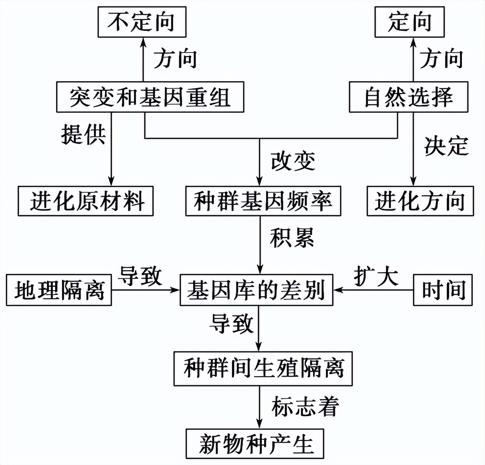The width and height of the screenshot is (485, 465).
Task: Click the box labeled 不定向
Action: point(142,22)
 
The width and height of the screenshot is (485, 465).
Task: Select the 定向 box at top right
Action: point(409,22)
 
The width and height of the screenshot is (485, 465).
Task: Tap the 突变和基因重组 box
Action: point(150,97)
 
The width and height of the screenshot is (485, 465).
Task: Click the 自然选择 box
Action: point(408,97)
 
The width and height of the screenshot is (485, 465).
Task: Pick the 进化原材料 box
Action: point(86,201)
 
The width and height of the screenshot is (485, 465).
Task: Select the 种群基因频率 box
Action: point(263,201)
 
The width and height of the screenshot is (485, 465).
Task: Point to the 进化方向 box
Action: point(420,201)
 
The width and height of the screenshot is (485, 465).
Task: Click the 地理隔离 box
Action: point(59,290)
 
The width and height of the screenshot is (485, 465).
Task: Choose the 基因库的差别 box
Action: point(257,290)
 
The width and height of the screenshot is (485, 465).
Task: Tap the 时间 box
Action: point(443,290)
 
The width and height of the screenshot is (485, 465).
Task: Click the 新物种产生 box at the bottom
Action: point(255,443)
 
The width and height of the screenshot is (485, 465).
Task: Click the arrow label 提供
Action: point(83,134)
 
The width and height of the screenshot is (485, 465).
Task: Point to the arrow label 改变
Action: point(293,161)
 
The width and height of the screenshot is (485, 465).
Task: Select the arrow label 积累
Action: point(292,238)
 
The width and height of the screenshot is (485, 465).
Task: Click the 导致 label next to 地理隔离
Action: point(140,276)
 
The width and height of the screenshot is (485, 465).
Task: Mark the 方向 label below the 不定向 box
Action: point(175,59)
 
